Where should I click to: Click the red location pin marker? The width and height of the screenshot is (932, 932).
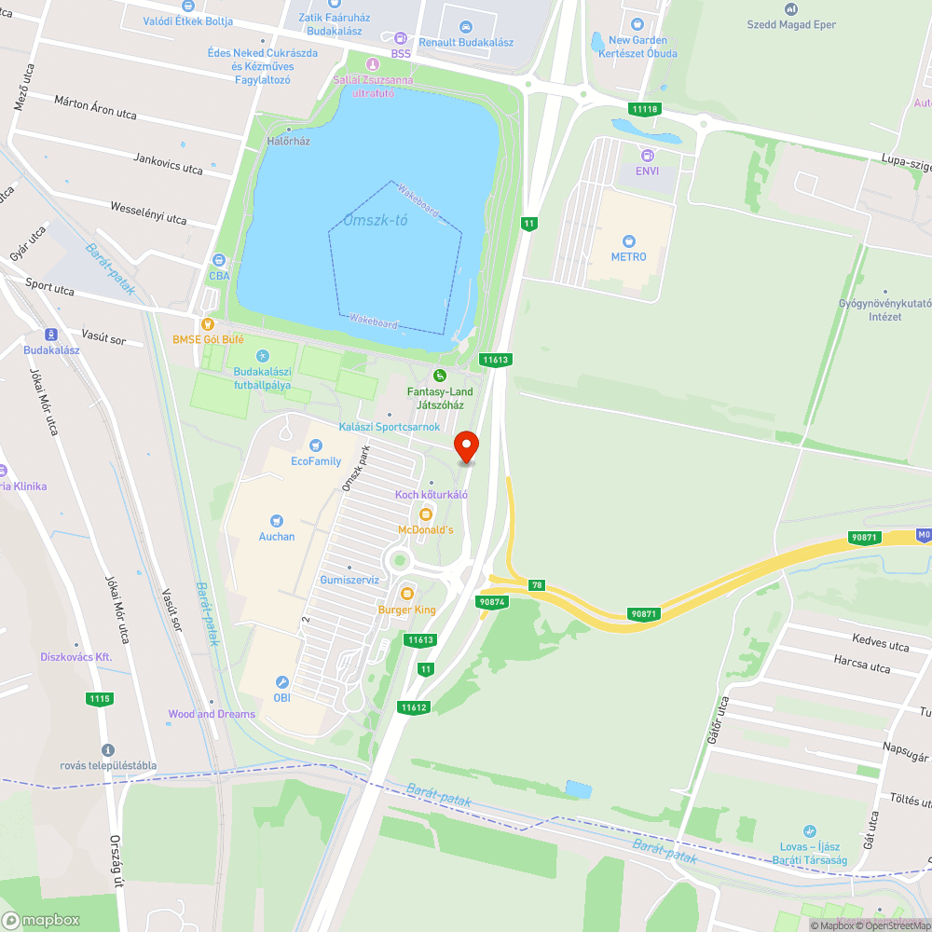[x=465, y=445]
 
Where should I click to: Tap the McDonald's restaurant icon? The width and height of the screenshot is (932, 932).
[x=426, y=514]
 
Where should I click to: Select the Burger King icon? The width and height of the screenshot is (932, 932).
[x=406, y=594]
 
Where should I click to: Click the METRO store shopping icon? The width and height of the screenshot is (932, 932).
[x=628, y=240]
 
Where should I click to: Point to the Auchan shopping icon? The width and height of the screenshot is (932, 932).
[x=277, y=521]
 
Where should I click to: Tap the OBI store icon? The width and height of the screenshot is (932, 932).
[x=282, y=682]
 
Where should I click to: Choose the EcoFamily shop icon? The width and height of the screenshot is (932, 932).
[x=316, y=445]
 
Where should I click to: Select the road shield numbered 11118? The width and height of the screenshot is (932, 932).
[x=644, y=109]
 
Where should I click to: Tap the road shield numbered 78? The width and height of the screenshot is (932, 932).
[x=537, y=584]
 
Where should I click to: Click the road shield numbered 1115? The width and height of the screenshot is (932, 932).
[x=100, y=698]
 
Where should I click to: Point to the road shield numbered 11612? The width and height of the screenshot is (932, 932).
[x=414, y=707]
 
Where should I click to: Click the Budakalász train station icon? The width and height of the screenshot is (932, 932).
[x=51, y=335]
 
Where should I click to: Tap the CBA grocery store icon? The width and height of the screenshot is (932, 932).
[x=219, y=260]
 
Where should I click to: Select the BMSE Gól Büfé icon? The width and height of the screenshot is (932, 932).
[x=207, y=323]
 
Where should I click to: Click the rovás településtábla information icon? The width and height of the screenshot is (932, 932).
[x=108, y=749]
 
